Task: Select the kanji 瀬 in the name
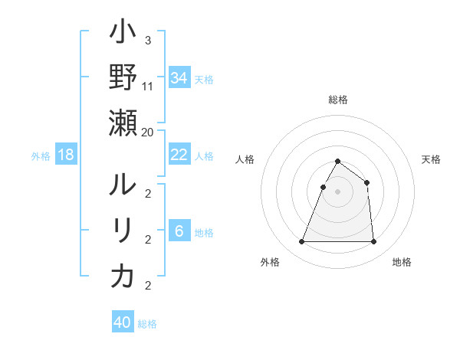[x=123, y=123]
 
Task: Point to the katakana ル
[x=123, y=186]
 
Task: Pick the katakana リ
[x=123, y=231]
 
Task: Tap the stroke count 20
[x=147, y=132]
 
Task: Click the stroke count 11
[x=147, y=87]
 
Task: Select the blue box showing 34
[x=179, y=78]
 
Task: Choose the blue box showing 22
[x=179, y=155]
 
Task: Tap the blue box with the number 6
[x=179, y=232]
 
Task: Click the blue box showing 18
[x=66, y=155]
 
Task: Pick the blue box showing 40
[x=123, y=322]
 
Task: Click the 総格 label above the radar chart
[x=337, y=100]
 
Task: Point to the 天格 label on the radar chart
[x=431, y=159]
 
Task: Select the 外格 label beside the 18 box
[x=41, y=156]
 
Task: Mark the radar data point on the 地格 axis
[x=373, y=242]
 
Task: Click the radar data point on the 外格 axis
[x=301, y=242]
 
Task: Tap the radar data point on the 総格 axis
[x=337, y=162]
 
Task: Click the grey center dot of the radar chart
[x=337, y=191]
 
